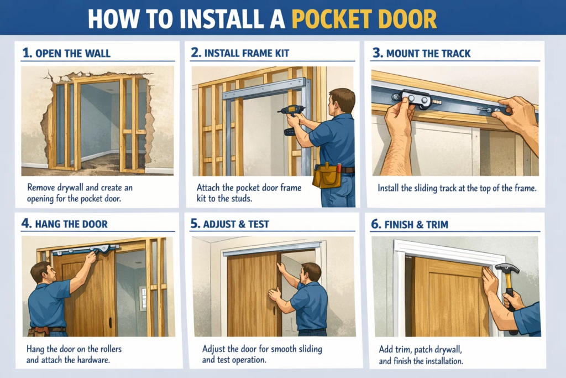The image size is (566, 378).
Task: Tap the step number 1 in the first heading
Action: pos(25,53)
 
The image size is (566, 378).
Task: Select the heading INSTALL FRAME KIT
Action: pos(247,53)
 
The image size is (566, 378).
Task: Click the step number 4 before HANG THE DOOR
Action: pos(26,224)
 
